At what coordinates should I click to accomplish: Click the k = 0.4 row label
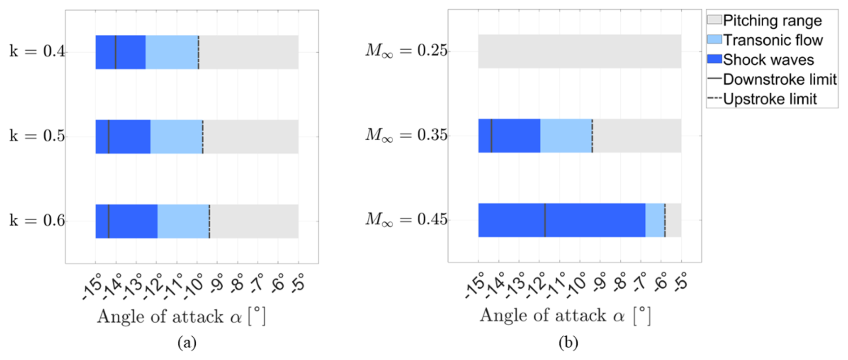(38, 52)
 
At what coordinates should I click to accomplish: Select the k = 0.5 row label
(38, 136)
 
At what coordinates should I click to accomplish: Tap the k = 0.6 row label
(38, 221)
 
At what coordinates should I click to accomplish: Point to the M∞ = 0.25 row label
(407, 51)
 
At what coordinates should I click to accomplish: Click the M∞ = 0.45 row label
(407, 220)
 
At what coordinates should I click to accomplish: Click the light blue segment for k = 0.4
(172, 52)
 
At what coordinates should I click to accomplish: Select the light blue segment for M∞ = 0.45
(655, 220)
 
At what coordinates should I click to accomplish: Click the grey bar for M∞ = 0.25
(580, 52)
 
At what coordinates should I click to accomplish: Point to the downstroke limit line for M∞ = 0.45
(545, 220)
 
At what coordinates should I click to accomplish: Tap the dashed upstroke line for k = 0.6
(209, 221)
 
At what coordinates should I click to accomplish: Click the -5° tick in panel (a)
(298, 283)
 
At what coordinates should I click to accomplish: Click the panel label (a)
(187, 343)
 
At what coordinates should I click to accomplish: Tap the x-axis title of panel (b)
(565, 316)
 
